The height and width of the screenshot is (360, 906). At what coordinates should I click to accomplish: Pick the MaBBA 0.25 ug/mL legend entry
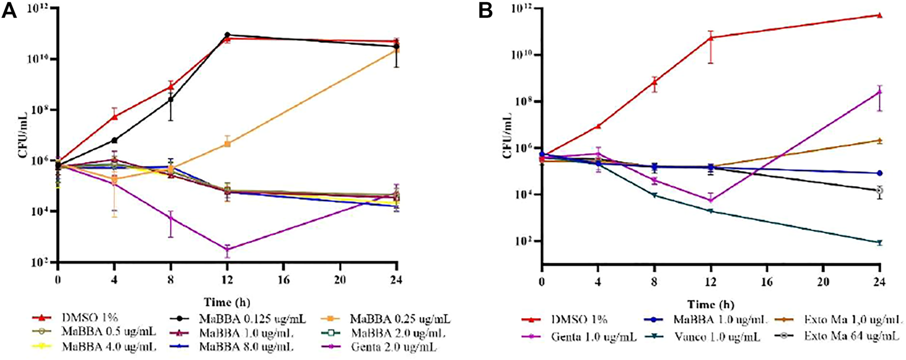[391, 318]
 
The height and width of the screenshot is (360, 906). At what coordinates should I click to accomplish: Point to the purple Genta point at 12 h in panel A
[227, 250]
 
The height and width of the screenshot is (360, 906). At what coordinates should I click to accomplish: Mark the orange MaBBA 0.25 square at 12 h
[227, 143]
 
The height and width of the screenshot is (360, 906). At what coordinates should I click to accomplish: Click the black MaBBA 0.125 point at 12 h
[227, 35]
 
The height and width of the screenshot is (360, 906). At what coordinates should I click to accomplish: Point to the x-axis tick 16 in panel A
[284, 280]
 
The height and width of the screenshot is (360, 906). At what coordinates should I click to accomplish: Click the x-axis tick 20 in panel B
[823, 282]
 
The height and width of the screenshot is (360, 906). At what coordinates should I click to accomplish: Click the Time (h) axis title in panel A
[227, 303]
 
